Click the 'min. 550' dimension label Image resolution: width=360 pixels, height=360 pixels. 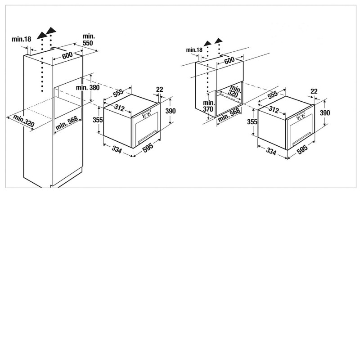(x=88, y=40)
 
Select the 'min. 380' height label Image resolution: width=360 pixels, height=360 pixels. (x=88, y=87)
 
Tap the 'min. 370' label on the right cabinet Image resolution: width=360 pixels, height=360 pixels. (x=208, y=106)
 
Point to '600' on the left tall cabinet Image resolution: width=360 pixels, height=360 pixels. (x=67, y=55)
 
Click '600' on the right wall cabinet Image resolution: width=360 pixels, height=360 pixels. (x=229, y=60)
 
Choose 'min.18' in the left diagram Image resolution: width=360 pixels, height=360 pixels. (x=21, y=39)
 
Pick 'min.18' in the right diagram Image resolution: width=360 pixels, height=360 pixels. (x=194, y=49)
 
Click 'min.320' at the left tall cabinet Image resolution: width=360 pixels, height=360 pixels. (x=24, y=121)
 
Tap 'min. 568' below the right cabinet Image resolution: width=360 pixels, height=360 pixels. (x=229, y=115)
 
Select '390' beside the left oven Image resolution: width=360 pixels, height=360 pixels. (x=171, y=111)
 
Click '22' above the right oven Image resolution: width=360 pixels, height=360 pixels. (x=314, y=91)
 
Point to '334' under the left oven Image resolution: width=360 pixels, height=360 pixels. (x=117, y=150)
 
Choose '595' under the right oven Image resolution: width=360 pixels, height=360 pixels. (x=302, y=150)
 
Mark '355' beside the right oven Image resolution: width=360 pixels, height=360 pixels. (x=252, y=121)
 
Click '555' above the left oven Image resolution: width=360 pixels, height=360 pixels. (x=118, y=92)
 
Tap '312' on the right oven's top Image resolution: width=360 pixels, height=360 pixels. (x=274, y=109)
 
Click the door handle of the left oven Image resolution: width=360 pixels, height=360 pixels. (x=148, y=137)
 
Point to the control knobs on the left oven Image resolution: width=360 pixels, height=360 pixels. (x=147, y=116)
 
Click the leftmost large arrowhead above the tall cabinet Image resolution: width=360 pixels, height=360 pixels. (x=41, y=36)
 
